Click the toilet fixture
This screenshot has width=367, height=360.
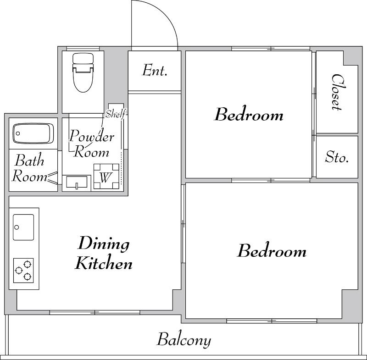(83, 72)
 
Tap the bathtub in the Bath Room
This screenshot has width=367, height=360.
(33, 133)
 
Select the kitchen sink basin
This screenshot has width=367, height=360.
(23, 227)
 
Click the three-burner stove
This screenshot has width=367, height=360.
(23, 271)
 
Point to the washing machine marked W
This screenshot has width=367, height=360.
(106, 177)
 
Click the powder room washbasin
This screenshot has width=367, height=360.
(77, 182)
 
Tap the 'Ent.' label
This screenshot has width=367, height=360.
(155, 70)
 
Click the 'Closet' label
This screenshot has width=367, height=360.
(338, 92)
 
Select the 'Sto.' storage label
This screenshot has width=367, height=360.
(337, 157)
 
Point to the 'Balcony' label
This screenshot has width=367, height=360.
(184, 340)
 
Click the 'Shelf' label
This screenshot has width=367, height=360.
(116, 114)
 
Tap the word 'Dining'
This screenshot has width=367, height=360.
(104, 244)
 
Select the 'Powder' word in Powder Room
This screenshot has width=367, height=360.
(92, 136)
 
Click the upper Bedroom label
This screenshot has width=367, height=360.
(249, 115)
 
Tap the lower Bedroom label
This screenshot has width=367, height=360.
(272, 251)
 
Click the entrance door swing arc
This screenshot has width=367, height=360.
(164, 14)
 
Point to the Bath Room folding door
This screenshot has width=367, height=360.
(52, 177)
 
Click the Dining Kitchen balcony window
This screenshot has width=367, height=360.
(95, 312)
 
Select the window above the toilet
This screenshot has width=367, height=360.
(83, 49)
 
